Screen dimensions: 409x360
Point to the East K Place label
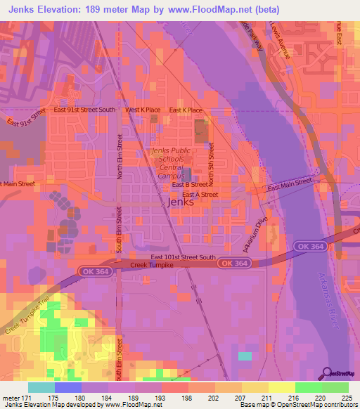(187, 110)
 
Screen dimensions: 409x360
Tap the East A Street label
(200, 195)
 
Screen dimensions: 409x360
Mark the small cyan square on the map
(245, 356)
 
